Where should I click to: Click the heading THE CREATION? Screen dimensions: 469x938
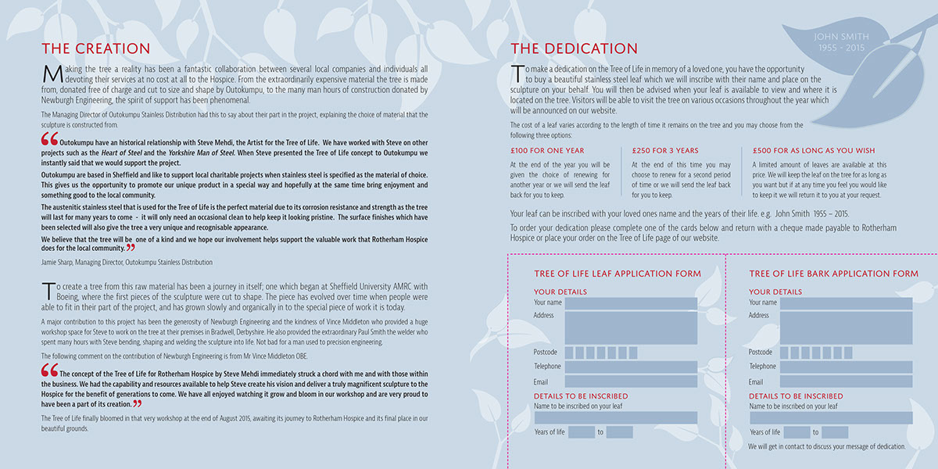(x=95, y=48)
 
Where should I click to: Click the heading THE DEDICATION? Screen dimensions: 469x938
(x=574, y=48)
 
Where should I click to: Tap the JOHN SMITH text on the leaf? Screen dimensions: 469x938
(x=841, y=36)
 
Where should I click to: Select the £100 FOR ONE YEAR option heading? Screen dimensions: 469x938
(x=547, y=150)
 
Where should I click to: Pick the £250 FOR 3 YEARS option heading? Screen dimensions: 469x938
(x=665, y=150)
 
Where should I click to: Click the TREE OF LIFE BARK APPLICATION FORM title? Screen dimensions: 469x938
(x=833, y=274)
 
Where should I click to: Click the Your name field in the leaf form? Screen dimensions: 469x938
(x=630, y=303)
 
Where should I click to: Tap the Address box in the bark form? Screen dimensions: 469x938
(x=846, y=328)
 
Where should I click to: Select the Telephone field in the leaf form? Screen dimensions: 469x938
(x=630, y=367)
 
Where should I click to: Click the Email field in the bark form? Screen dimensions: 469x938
(x=846, y=381)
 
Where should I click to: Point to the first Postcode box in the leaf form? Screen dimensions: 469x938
(x=569, y=353)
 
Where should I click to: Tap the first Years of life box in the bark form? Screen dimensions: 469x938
(x=797, y=432)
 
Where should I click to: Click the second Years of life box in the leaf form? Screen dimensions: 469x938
(x=619, y=432)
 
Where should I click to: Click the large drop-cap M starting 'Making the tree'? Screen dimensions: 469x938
(x=50, y=74)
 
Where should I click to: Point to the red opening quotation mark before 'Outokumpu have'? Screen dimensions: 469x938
(x=49, y=139)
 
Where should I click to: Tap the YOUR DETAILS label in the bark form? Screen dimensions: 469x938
(x=775, y=292)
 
